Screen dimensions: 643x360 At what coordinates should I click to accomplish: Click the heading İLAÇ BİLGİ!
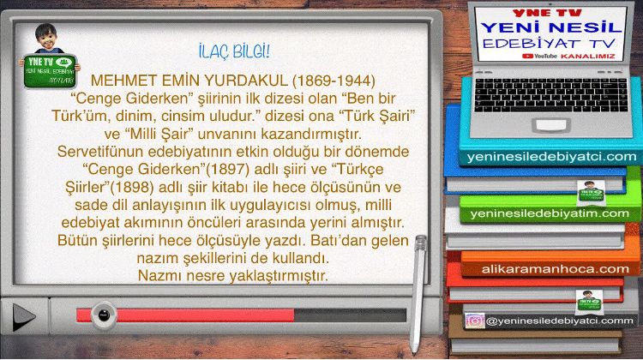(234, 52)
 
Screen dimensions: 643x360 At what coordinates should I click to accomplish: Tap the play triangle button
(24, 317)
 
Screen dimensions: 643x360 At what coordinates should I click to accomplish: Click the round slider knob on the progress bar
(104, 315)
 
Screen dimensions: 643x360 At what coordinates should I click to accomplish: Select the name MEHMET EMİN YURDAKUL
(189, 81)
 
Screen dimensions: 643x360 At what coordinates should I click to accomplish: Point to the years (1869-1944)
(334, 81)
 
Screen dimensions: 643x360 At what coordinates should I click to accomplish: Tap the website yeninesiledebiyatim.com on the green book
(550, 213)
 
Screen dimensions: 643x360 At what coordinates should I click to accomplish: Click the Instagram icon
(475, 321)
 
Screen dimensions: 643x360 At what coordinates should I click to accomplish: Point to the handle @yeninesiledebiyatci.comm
(559, 321)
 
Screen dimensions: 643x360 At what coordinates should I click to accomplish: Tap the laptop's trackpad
(551, 125)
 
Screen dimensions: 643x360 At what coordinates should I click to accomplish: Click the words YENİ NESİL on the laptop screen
(551, 27)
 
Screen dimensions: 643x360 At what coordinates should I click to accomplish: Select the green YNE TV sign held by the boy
(50, 71)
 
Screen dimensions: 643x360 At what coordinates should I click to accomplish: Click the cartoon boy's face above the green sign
(46, 38)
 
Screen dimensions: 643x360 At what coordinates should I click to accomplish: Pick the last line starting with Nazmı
(233, 275)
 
